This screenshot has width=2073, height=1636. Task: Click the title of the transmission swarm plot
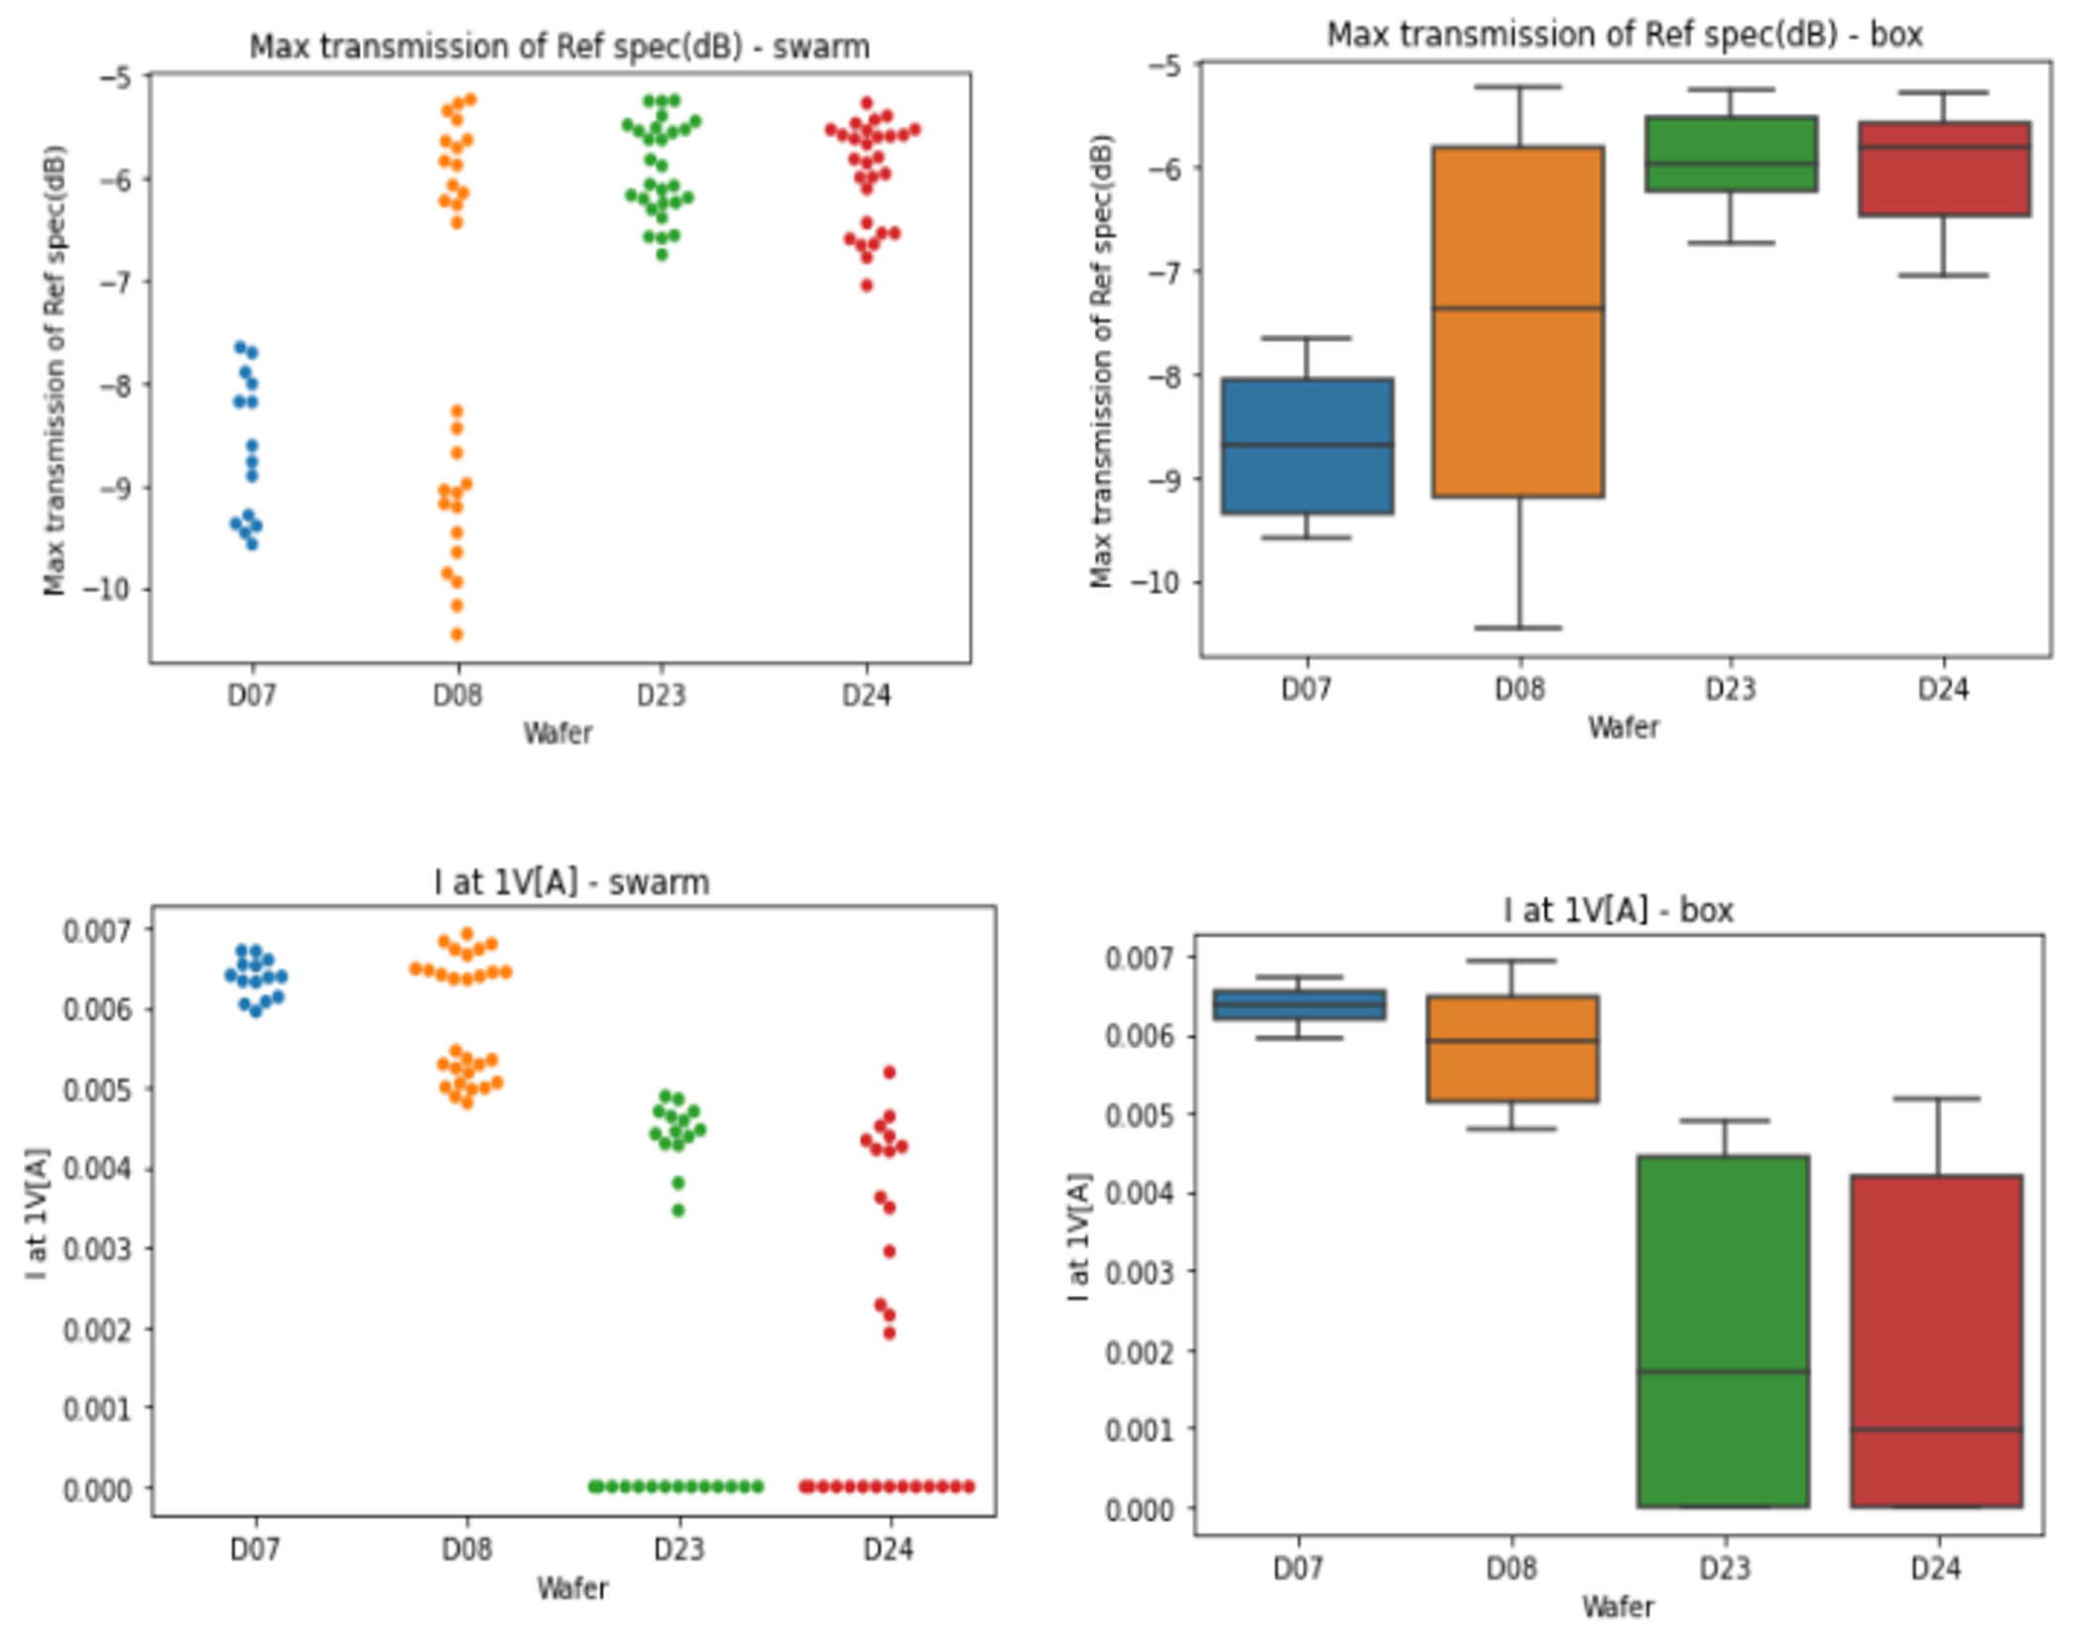coord(558,47)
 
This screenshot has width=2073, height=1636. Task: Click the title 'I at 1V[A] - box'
coord(1618,909)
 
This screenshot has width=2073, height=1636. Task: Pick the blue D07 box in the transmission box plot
coord(1307,445)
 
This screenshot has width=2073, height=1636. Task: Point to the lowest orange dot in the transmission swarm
coord(457,635)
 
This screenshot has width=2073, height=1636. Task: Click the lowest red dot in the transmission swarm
coord(867,286)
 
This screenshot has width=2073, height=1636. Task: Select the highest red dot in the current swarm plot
coord(890,1072)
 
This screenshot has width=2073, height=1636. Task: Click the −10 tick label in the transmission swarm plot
coord(106,589)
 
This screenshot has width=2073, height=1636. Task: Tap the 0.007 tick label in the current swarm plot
coord(96,930)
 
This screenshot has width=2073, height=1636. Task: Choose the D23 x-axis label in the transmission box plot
coord(1730,688)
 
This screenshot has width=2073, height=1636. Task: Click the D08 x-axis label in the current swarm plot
coord(466,1548)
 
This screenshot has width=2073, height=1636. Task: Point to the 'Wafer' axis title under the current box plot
coord(1618,1606)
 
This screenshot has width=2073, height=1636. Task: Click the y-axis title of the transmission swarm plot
coord(54,371)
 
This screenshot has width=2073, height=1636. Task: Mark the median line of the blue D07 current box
coord(1299,1004)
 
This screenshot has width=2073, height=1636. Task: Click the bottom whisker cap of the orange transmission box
coord(1518,628)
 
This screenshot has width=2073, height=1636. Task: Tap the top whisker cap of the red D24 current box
coord(1936,1099)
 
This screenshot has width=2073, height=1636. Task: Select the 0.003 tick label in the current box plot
coord(1137,1272)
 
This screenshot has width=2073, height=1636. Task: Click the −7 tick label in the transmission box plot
coord(1164,271)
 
